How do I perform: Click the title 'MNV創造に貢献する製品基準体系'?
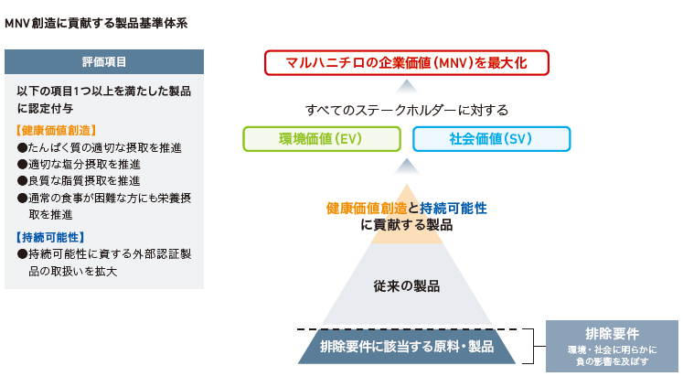pos(96,23)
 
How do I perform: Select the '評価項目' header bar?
pos(104,62)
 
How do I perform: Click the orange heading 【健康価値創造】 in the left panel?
pos(56,130)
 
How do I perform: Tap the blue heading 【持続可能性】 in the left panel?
pos(50,237)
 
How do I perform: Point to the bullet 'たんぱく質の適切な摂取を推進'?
pos(100,147)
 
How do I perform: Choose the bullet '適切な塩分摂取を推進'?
pos(79,165)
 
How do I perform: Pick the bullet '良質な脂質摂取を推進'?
pos(79,181)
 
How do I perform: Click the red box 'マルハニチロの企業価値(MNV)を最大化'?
pos(406,63)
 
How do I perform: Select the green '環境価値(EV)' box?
pos(322,139)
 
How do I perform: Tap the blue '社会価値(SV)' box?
pos(491,139)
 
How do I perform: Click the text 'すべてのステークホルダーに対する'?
pos(407,110)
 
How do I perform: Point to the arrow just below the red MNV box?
pos(406,87)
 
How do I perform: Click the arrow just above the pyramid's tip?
pos(406,167)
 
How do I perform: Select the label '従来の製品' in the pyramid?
pos(406,286)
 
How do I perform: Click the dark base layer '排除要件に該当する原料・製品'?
pos(406,347)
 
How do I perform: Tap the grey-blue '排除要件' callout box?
pos(612,347)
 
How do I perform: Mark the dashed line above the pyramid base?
pos(407,329)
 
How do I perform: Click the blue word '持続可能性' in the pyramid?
pos(453,209)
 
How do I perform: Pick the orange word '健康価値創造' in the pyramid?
pos(367,209)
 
